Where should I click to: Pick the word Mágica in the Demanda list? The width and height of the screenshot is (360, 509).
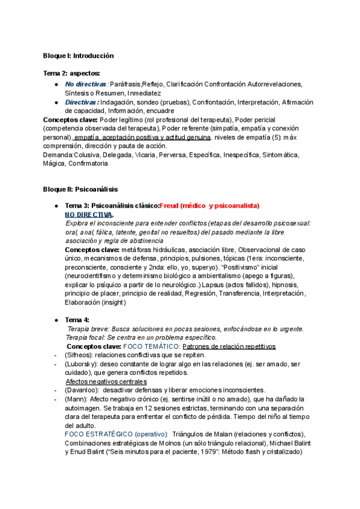[x=55, y=163]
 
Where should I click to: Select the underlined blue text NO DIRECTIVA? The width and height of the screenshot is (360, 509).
[x=88, y=214]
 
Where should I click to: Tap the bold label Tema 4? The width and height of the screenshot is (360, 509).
[x=77, y=320]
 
